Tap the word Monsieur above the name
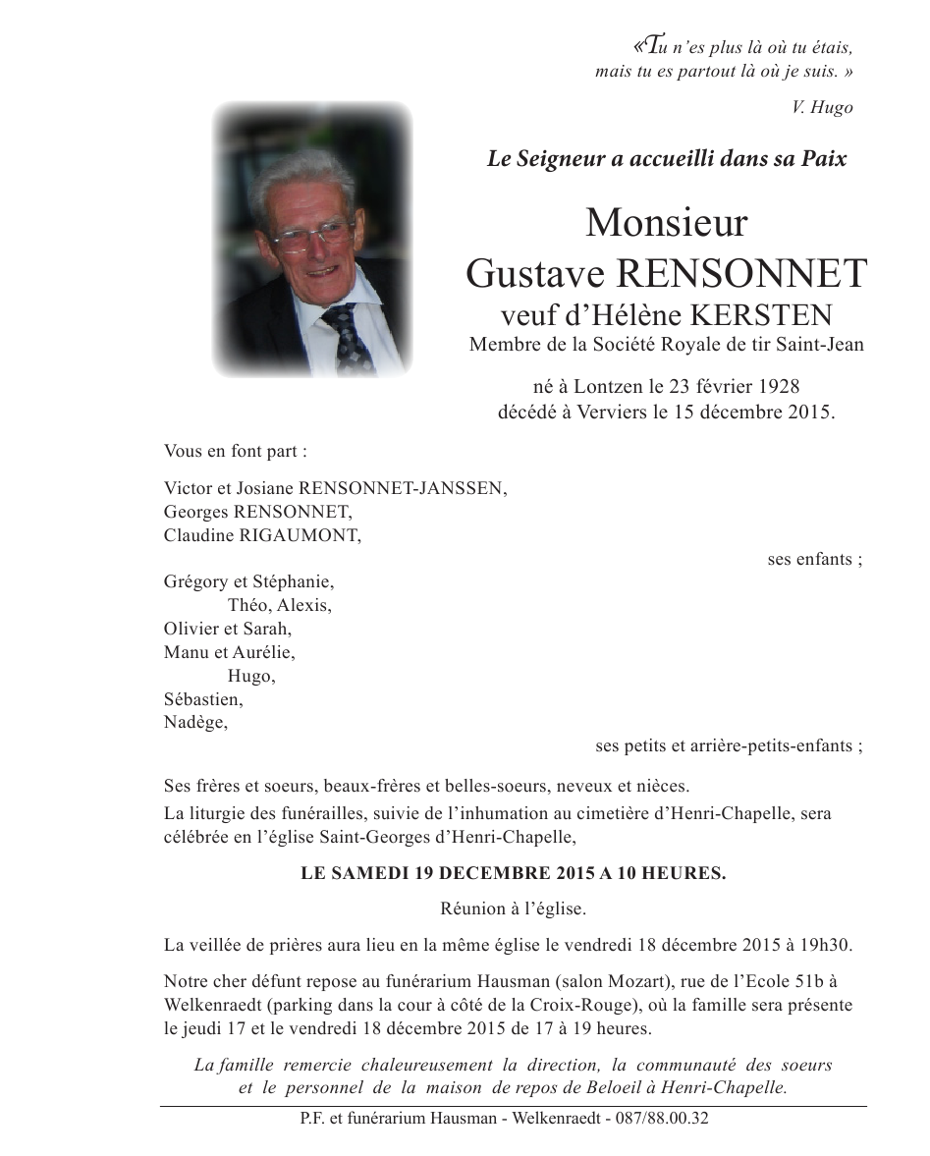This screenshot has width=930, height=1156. point(666,224)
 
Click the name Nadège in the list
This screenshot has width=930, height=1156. point(195,723)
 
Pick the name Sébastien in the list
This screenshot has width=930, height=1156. point(203,699)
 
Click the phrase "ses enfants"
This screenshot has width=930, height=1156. point(811,559)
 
